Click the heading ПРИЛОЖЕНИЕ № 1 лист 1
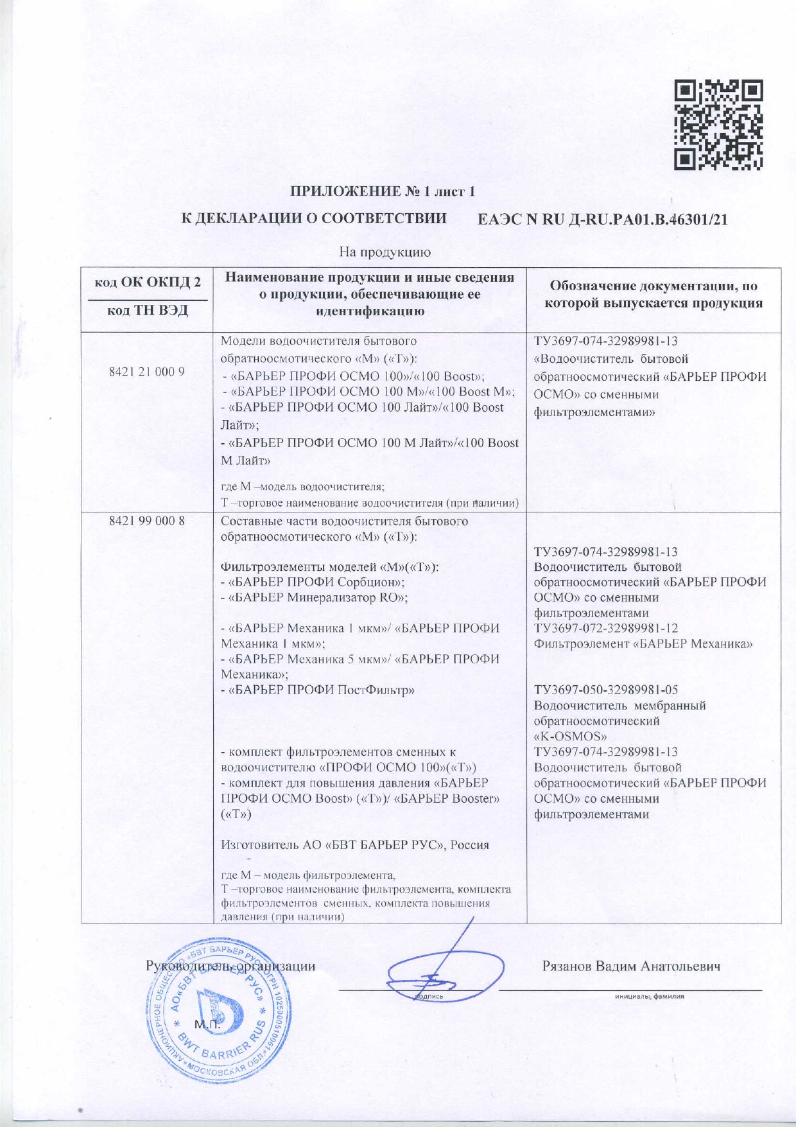coord(383,191)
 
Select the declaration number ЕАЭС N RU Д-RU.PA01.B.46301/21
coord(603,220)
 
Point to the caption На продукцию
coord(384,252)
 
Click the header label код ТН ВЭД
coord(148,311)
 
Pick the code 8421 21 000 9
coord(148,372)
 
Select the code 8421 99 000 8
coord(148,521)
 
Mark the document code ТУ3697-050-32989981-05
coord(605,690)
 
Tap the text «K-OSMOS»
coord(571,737)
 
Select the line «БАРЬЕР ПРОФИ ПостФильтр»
coord(318,690)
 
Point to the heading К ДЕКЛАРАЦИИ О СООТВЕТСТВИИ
coord(314,218)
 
